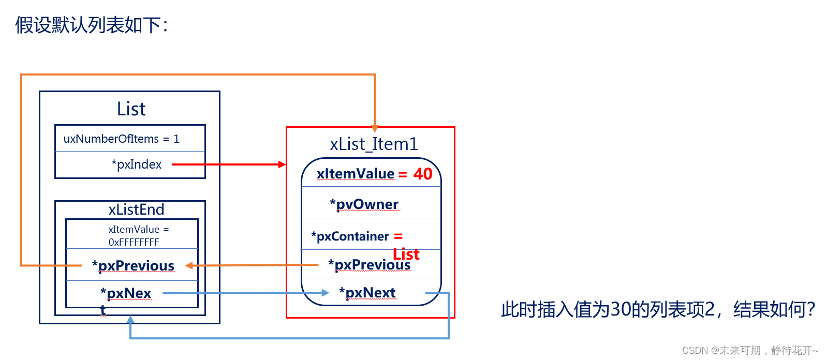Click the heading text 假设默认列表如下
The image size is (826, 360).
pyautogui.click(x=92, y=25)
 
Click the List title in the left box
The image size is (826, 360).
pyautogui.click(x=131, y=109)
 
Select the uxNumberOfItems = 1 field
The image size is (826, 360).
pyautogui.click(x=122, y=139)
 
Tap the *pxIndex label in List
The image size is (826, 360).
pyautogui.click(x=137, y=164)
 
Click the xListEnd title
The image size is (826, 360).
pyautogui.click(x=136, y=209)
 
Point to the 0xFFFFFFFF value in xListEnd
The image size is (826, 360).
pyautogui.click(x=134, y=242)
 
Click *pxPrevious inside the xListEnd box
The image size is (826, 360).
pyautogui.click(x=134, y=266)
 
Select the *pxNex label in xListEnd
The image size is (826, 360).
pyautogui.click(x=126, y=293)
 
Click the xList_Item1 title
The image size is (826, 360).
pyautogui.click(x=374, y=144)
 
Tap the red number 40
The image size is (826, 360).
pyautogui.click(x=422, y=174)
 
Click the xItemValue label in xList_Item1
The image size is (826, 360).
pyautogui.click(x=356, y=174)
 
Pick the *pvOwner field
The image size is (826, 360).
pyautogui.click(x=364, y=204)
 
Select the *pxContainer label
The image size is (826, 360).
pyautogui.click(x=350, y=236)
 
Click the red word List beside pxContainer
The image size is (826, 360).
pyautogui.click(x=406, y=254)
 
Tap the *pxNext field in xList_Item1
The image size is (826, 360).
pyautogui.click(x=367, y=293)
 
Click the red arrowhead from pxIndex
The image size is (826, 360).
pyautogui.click(x=282, y=164)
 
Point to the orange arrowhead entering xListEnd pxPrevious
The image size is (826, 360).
pyautogui.click(x=189, y=266)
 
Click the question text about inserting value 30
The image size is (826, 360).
pyautogui.click(x=657, y=309)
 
